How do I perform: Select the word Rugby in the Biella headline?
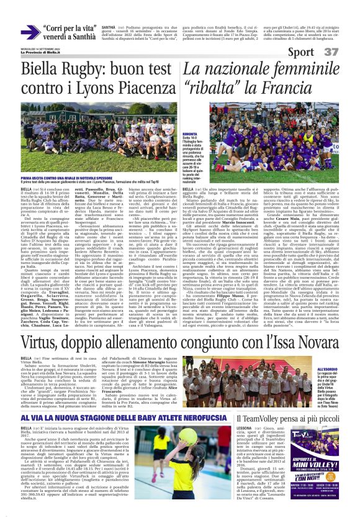69,71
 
